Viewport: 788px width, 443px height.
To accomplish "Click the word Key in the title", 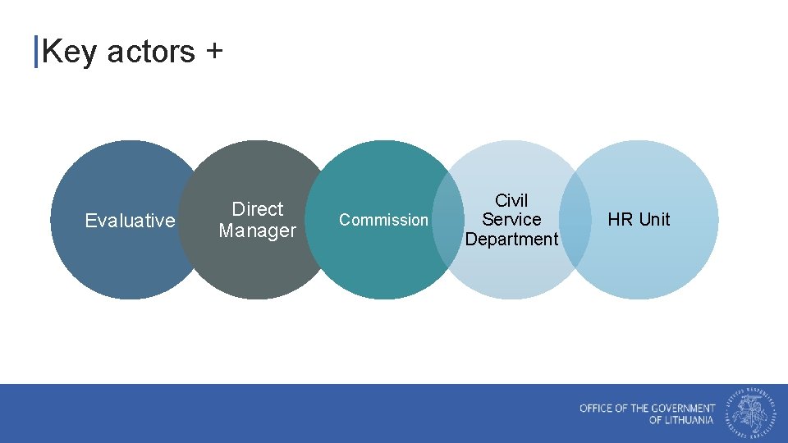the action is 70,52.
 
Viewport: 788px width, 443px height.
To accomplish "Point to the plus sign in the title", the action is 213,52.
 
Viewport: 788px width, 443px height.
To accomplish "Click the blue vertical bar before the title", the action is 36,52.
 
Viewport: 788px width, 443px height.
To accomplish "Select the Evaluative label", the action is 130,220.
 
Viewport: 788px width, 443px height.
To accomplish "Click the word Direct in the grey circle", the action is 257,209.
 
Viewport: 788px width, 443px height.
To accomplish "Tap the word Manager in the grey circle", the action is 257,231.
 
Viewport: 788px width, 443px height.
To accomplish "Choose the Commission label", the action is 383,220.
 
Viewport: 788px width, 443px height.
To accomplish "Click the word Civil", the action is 511,200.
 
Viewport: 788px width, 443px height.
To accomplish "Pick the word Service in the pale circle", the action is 511,220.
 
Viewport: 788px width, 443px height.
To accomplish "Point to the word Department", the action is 511,240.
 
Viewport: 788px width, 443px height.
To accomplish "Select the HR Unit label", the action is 639,220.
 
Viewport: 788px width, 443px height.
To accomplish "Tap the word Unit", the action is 654,220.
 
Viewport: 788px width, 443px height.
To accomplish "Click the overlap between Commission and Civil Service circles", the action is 447,220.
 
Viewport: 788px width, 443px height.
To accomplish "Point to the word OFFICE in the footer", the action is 597,408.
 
